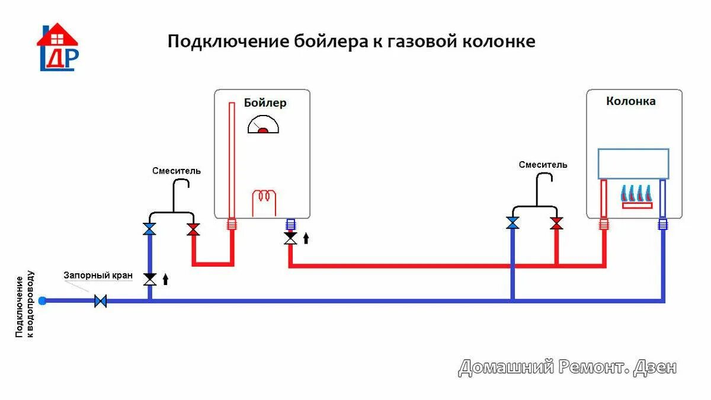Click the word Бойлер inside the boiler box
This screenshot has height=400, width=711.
[x=265, y=103]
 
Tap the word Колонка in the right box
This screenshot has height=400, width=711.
[x=630, y=101]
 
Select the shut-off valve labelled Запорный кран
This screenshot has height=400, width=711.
[x=101, y=301]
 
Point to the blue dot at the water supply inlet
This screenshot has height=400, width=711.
[x=42, y=301]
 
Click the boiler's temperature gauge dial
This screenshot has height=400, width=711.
[x=263, y=125]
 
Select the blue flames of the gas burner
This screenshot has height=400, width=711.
[x=636, y=193]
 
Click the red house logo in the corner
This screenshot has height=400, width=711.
[x=57, y=46]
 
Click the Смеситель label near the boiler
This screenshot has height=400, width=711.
[x=177, y=171]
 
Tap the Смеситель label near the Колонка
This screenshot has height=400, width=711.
[x=543, y=165]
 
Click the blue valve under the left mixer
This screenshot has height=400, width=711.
[x=149, y=229]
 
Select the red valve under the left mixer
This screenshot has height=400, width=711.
[x=193, y=229]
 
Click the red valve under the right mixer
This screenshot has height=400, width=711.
[x=556, y=223]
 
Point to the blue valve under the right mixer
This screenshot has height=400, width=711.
[x=513, y=223]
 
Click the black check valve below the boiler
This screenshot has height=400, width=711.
[x=290, y=238]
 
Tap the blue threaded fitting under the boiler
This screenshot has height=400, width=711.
[x=290, y=224]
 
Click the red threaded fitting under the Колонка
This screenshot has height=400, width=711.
[x=604, y=224]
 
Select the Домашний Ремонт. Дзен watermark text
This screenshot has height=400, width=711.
[x=567, y=367]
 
